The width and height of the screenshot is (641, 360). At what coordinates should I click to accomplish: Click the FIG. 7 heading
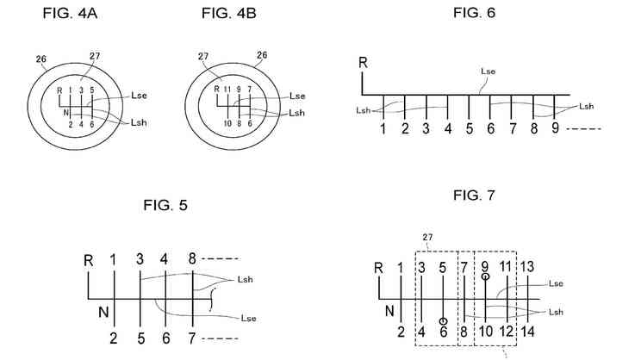coord(474,196)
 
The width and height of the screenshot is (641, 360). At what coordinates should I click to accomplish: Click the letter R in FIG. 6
coord(364,63)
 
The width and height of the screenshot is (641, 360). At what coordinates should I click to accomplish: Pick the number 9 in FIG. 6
coord(556,129)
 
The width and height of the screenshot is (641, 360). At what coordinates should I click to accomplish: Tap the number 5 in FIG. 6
coord(470,129)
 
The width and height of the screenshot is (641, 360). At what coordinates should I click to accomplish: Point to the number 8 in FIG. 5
coord(192,258)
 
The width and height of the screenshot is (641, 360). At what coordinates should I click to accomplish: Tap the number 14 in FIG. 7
coord(528,332)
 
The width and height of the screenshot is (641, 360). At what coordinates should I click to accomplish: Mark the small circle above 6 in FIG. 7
coord(443,320)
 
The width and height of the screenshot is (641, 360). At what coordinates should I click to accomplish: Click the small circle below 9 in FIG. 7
coord(485,276)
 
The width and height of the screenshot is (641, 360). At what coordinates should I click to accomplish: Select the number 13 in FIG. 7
coord(528,266)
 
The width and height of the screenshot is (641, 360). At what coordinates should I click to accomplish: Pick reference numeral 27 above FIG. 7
coord(427,237)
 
